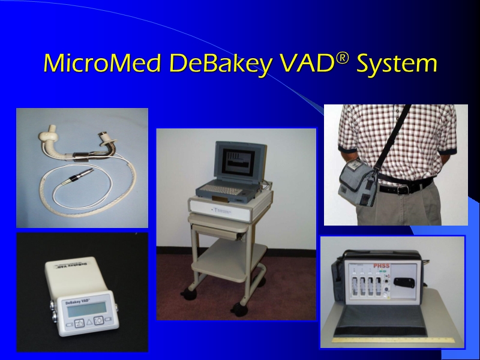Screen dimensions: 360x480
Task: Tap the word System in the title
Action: coord(396,64)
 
